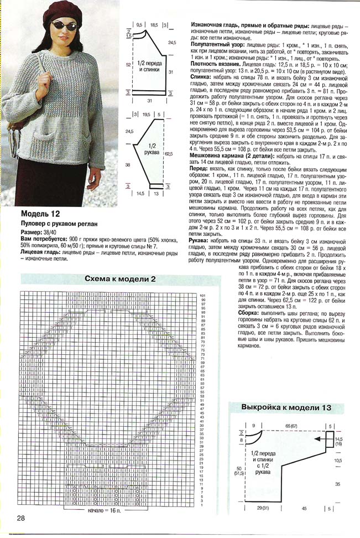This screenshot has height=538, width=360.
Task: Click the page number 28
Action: [x=20, y=518]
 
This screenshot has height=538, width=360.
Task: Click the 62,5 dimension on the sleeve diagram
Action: [x=168, y=154]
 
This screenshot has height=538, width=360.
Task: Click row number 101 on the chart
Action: [x=203, y=295]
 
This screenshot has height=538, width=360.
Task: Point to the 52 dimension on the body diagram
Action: [x=128, y=65]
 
